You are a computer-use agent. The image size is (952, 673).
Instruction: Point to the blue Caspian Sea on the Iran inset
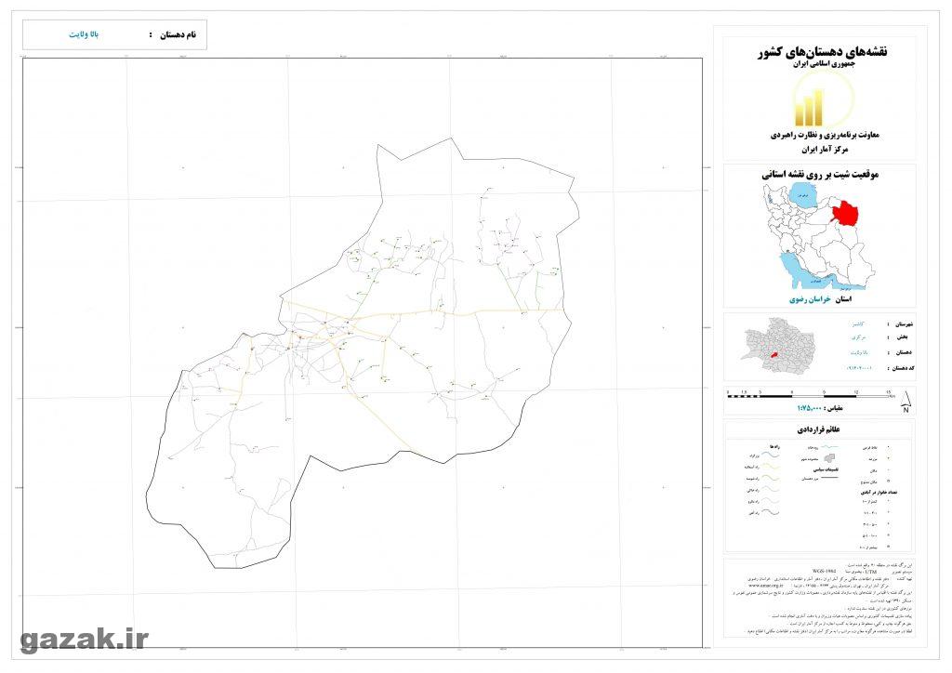click(x=801, y=197)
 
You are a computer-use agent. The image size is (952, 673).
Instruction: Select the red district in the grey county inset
click(x=773, y=346)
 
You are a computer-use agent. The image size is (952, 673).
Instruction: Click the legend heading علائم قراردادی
click(x=821, y=430)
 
